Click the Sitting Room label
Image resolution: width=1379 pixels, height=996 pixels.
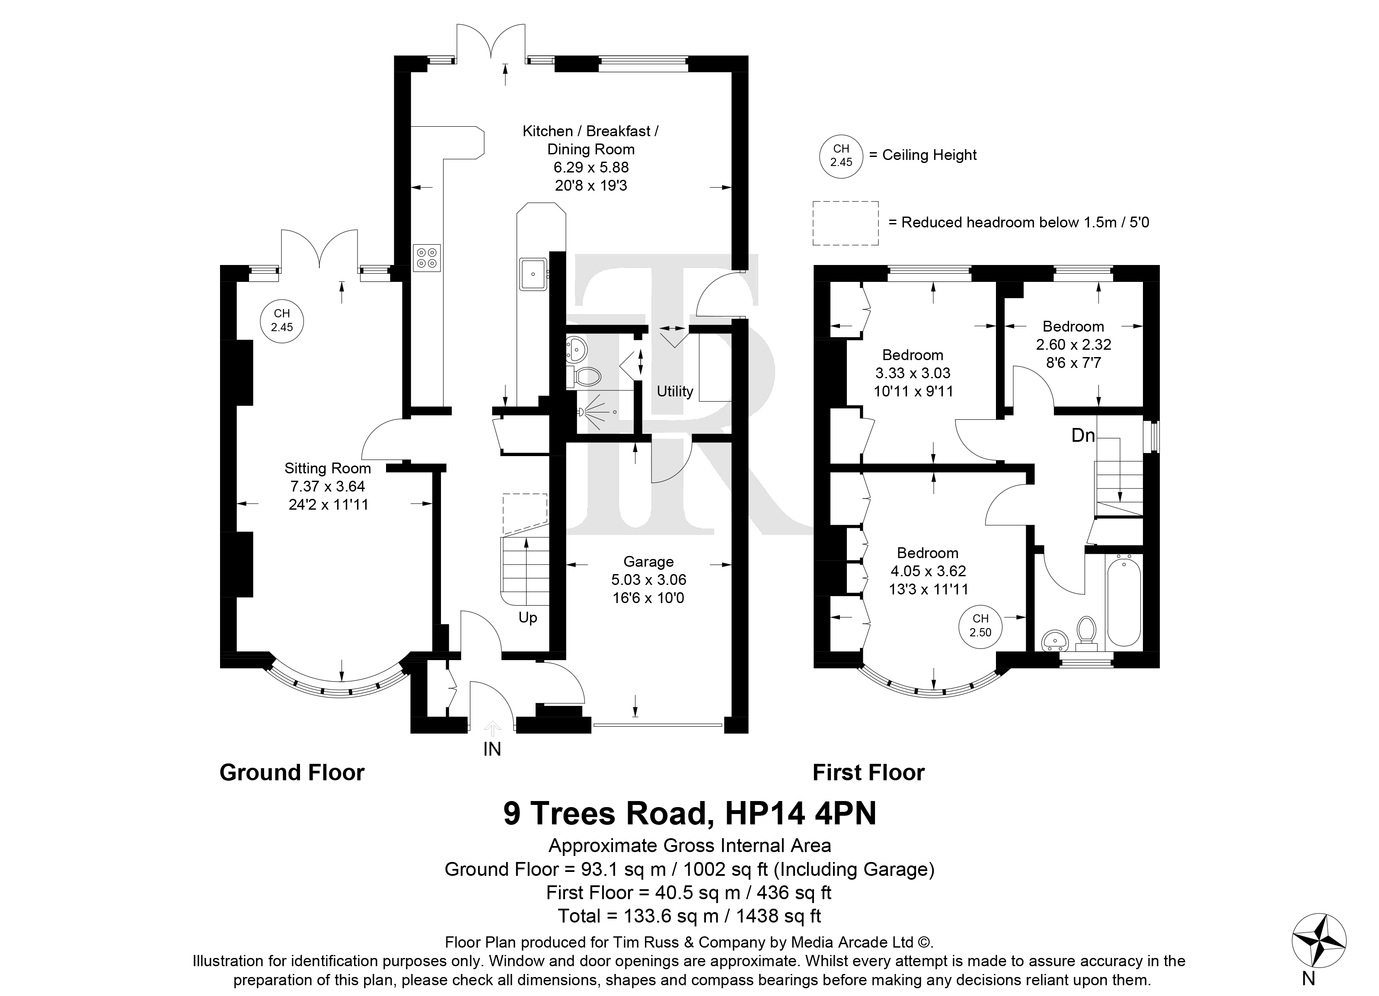pyautogui.click(x=328, y=468)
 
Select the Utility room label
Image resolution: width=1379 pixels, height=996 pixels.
pyautogui.click(x=675, y=392)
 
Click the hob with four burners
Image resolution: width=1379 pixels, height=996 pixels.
pyautogui.click(x=426, y=257)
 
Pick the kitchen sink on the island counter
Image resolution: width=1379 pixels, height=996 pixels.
pyautogui.click(x=534, y=273)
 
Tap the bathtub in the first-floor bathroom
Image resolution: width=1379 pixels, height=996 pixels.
pyautogui.click(x=1124, y=602)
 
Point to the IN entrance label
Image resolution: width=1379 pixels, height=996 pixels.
pyautogui.click(x=492, y=750)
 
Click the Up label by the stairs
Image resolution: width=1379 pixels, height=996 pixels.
pyautogui.click(x=528, y=618)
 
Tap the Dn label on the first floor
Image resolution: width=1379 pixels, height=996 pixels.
pyautogui.click(x=1083, y=435)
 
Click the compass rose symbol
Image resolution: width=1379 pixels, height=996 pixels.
pyautogui.click(x=1318, y=941)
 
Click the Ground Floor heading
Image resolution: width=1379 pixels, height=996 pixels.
pyautogui.click(x=292, y=773)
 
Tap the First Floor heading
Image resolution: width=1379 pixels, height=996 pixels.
pyautogui.click(x=868, y=773)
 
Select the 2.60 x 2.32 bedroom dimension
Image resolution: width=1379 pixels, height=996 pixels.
pyautogui.click(x=1074, y=345)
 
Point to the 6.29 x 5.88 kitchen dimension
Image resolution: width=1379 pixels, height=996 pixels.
pyautogui.click(x=591, y=167)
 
